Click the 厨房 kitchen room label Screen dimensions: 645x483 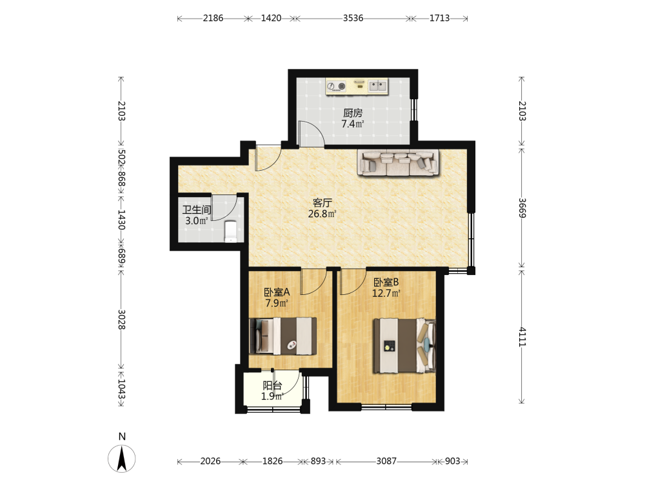353,113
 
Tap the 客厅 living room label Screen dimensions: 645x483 322,203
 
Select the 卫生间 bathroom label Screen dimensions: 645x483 197,210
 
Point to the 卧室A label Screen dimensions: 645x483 277,292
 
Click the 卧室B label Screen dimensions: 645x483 386,282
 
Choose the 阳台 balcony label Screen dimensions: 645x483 272,386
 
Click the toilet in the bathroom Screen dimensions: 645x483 230,232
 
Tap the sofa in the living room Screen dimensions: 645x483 398,163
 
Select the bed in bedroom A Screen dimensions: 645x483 283,336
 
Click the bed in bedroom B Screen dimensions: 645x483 404,345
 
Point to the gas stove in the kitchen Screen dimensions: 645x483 337,86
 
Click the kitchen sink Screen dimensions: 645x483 377,86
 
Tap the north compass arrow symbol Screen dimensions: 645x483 122,459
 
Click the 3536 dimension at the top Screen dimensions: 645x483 353,18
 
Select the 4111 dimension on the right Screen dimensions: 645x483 522,337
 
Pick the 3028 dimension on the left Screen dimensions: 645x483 122,319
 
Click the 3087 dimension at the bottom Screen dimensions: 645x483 386,461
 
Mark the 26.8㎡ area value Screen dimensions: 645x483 322,214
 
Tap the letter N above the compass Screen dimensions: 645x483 122,437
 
